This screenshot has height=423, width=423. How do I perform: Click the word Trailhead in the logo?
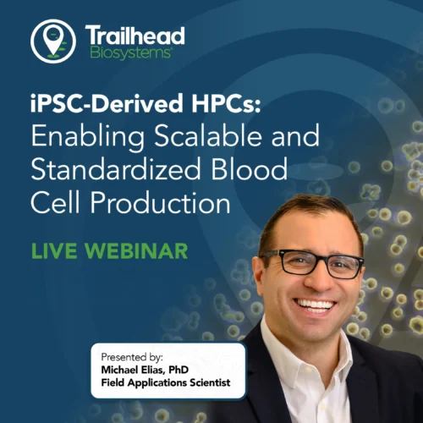click(135, 36)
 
